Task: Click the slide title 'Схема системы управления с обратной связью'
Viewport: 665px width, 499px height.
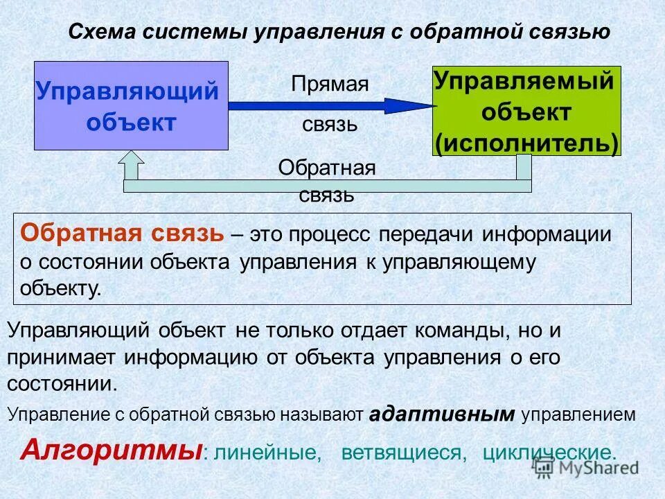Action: click(339, 32)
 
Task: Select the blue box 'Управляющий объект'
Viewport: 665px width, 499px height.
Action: click(131, 106)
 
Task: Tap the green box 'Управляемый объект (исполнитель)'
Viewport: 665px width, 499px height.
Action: click(526, 111)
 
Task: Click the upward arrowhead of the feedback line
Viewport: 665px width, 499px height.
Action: click(131, 164)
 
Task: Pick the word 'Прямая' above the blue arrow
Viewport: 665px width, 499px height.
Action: click(330, 85)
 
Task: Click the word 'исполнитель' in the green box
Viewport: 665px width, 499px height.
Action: click(526, 142)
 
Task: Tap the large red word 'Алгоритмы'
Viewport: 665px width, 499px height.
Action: click(111, 450)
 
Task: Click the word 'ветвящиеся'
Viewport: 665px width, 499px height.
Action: click(401, 453)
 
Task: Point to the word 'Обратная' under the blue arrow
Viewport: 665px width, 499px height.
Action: click(327, 168)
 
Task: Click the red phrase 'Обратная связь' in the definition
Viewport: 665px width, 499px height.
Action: click(122, 233)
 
